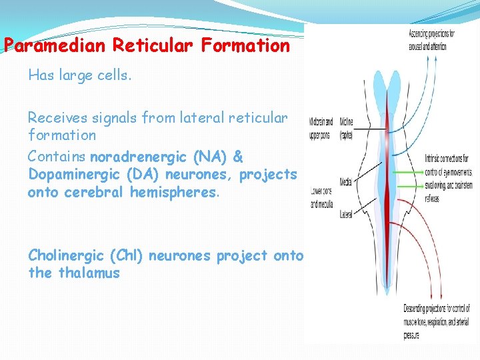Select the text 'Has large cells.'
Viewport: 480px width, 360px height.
(80, 75)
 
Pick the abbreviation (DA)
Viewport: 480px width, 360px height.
(144, 175)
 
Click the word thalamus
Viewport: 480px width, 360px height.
(89, 273)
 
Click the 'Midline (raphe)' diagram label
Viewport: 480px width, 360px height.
(346, 128)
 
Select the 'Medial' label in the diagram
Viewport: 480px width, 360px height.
(345, 182)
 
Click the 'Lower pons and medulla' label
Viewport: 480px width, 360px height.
(321, 197)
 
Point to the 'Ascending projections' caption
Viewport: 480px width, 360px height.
(431, 39)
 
